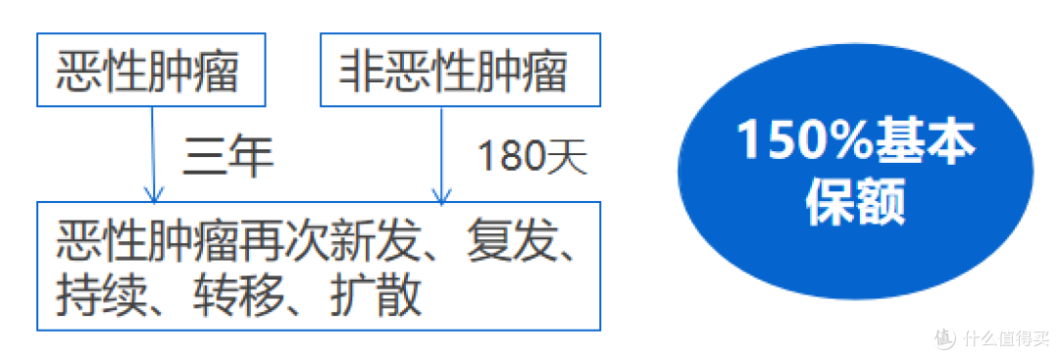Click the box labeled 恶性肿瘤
tap(152, 70)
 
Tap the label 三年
tap(227, 156)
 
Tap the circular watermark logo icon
tap(943, 338)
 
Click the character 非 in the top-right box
tap(355, 71)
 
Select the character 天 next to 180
tap(571, 156)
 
